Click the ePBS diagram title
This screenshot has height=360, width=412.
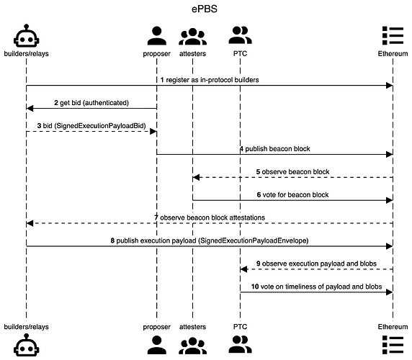(205, 9)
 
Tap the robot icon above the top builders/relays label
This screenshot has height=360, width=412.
(26, 35)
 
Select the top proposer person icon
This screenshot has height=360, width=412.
(156, 36)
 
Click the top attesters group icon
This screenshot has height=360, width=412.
(192, 37)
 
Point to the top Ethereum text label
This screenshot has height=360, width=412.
(393, 53)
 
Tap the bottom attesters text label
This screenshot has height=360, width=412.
(192, 327)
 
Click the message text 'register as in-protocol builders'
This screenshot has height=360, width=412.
(212, 80)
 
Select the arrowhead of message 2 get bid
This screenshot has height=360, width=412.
(30, 108)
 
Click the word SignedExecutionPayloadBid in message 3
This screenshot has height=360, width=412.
(100, 126)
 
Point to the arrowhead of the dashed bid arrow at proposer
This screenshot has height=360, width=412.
(153, 131)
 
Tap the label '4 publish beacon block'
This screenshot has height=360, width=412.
(275, 149)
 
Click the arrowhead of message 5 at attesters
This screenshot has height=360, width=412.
(196, 178)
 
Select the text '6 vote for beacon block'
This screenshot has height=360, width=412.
(292, 195)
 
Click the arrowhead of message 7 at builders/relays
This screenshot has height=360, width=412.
(30, 223)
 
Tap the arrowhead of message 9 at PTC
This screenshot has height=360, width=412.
(243, 269)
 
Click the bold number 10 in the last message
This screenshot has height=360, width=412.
(255, 287)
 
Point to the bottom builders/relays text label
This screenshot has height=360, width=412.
(26, 327)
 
